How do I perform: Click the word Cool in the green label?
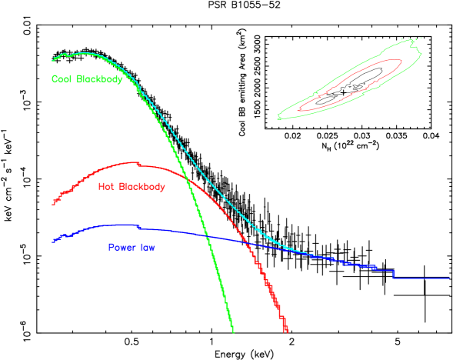(62, 79)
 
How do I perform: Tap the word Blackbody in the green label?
(99, 79)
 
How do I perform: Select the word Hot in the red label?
(106, 187)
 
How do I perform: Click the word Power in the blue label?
(121, 248)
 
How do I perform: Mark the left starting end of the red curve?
(52, 204)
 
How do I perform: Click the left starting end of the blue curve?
(52, 242)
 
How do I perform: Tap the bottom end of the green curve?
(232, 332)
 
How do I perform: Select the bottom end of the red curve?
(287, 332)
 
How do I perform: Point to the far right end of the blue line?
(449, 278)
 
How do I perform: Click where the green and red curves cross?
(188, 182)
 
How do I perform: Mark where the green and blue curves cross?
(208, 237)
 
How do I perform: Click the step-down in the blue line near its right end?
(393, 273)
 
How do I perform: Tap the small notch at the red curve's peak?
(138, 164)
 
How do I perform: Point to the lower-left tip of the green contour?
(278, 117)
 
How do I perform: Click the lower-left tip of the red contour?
(298, 110)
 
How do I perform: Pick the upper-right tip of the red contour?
(401, 60)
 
